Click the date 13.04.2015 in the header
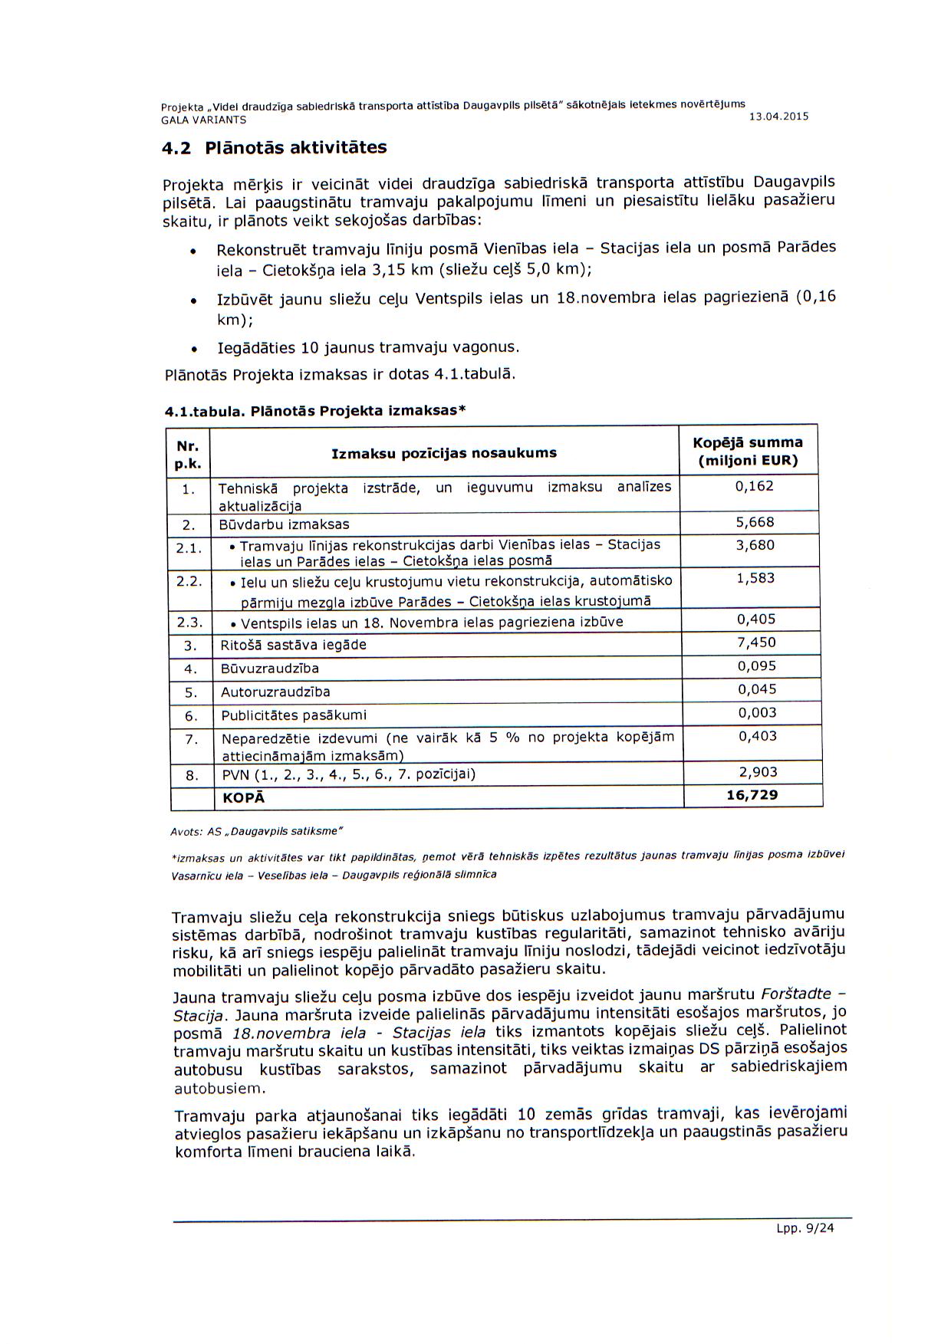coord(777,117)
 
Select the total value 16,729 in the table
coord(752,795)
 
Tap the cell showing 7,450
coord(756,642)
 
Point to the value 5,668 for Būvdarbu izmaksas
coord(755,522)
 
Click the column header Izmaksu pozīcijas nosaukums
coord(444,453)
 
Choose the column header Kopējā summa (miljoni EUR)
coord(748,452)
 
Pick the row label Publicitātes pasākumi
coord(294,715)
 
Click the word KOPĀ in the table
coord(243,798)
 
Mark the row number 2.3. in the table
coord(189,622)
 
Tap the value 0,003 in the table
coord(757,712)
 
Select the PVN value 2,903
coord(758,772)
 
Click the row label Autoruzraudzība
coord(275,692)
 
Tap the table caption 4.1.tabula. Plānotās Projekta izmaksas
coord(315,411)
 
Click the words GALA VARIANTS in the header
coord(203,120)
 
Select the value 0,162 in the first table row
coord(755,486)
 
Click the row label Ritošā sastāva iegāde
coord(293,645)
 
